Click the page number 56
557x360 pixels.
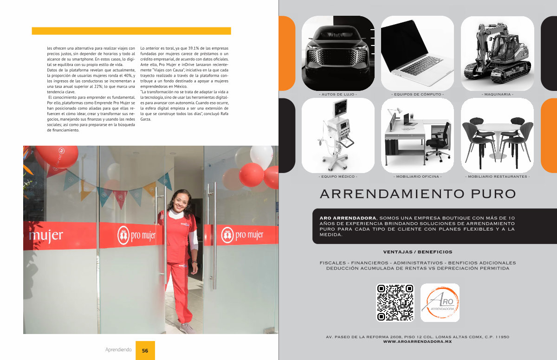click(145, 351)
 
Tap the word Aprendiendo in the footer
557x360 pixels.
click(118, 350)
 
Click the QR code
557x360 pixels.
click(395, 302)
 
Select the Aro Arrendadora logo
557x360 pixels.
click(440, 302)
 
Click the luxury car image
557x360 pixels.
click(338, 53)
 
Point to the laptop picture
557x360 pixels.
click(417, 53)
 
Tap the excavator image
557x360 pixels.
click(497, 53)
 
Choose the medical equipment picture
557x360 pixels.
click(338, 135)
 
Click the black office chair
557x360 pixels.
click(438, 142)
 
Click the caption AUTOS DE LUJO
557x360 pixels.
click(338, 95)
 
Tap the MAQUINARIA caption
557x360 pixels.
click(497, 95)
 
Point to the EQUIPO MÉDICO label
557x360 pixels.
click(338, 177)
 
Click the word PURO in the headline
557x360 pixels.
click(493, 194)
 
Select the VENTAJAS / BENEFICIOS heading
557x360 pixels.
click(418, 252)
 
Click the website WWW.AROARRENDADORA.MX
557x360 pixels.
click(417, 341)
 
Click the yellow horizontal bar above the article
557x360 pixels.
click(131, 31)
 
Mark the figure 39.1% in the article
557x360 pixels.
click(193, 48)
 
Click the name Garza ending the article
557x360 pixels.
click(145, 119)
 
